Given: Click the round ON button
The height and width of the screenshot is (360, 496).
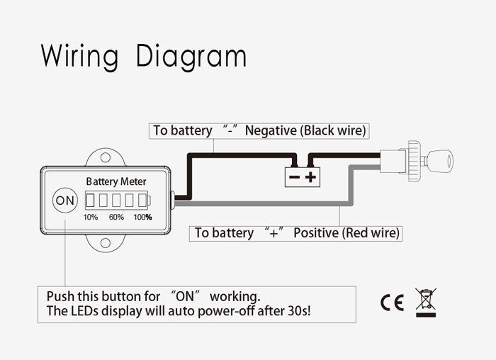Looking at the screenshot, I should click(64, 201).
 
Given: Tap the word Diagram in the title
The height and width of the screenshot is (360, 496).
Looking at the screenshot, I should click(191, 57).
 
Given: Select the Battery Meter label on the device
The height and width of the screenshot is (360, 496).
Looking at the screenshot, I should click(116, 181).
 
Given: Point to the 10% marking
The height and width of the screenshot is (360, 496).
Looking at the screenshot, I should click(91, 217).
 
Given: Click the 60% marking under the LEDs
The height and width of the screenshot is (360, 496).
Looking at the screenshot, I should click(116, 217).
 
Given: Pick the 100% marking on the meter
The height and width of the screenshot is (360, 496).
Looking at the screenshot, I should click(143, 217).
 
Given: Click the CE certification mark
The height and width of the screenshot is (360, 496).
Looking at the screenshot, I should click(392, 303).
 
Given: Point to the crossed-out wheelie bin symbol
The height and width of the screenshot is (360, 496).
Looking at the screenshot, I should click(426, 301).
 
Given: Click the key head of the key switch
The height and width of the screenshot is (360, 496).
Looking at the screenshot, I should click(441, 162).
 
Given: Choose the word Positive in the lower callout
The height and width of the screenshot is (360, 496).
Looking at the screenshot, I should click(316, 232).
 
